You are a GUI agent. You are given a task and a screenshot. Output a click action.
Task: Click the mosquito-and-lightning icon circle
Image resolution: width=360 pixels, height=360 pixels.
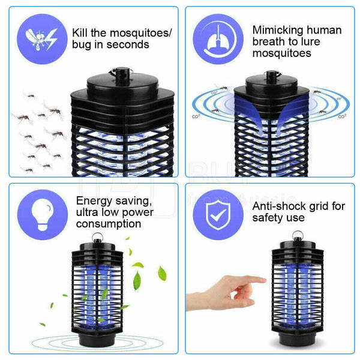42,39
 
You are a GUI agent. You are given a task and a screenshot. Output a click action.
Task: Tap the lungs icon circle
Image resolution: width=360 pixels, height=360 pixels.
218,39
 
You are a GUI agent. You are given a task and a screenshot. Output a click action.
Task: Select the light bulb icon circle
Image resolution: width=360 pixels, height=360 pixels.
43,215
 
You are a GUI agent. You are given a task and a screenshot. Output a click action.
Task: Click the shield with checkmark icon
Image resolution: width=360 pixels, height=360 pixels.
218,215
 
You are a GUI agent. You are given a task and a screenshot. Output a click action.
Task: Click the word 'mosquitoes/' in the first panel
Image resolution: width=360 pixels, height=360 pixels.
140,33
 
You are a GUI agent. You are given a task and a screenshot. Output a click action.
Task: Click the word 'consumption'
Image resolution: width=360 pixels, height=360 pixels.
109,224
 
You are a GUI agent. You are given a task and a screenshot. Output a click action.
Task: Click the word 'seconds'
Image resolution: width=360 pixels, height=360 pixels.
128,44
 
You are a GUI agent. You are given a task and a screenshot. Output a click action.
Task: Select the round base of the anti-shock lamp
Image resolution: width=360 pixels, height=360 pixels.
298,338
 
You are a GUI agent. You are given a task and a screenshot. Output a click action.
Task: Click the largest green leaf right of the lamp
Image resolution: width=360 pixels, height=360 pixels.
162,273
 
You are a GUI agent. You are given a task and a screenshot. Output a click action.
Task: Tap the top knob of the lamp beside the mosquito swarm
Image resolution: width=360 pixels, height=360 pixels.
122,76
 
